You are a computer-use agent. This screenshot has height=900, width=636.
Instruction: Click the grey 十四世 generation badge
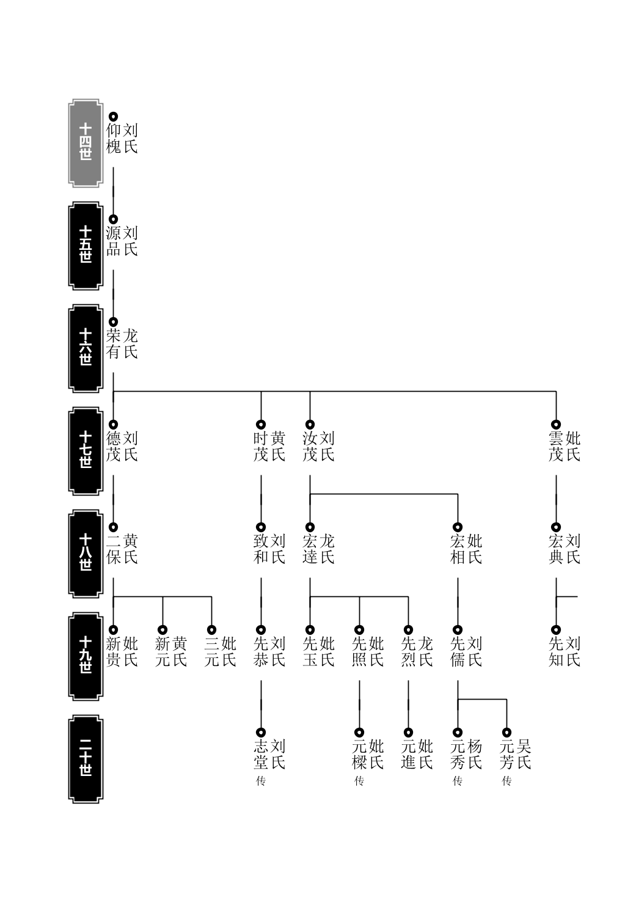(86, 143)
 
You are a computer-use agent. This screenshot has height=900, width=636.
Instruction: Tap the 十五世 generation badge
(86, 246)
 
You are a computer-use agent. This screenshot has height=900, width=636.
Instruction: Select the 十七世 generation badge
(86, 451)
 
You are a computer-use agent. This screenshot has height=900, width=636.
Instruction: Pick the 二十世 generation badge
(86, 759)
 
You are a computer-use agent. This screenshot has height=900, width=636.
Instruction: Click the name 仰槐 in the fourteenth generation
(113, 138)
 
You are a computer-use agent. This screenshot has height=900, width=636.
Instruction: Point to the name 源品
(113, 241)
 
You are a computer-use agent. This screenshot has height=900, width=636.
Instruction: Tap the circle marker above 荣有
(113, 322)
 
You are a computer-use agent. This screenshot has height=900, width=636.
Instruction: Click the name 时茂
(261, 446)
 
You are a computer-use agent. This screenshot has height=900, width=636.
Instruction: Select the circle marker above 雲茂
(556, 424)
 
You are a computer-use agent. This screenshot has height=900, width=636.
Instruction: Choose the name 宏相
(458, 549)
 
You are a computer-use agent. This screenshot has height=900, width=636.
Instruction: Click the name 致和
(261, 549)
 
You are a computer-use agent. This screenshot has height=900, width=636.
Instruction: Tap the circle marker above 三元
(212, 629)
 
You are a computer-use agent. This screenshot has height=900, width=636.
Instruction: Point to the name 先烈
(409, 651)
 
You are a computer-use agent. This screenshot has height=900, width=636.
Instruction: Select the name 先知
(556, 651)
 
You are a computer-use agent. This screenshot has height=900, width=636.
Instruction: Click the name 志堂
(261, 754)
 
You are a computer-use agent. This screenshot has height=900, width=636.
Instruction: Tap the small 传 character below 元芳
(507, 781)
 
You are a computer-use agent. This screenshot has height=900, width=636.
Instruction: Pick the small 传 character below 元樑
(359, 781)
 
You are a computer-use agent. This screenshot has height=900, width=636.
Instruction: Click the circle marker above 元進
(409, 733)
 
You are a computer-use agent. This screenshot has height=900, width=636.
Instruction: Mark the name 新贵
(113, 651)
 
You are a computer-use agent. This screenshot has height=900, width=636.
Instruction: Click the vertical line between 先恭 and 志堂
(261, 704)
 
